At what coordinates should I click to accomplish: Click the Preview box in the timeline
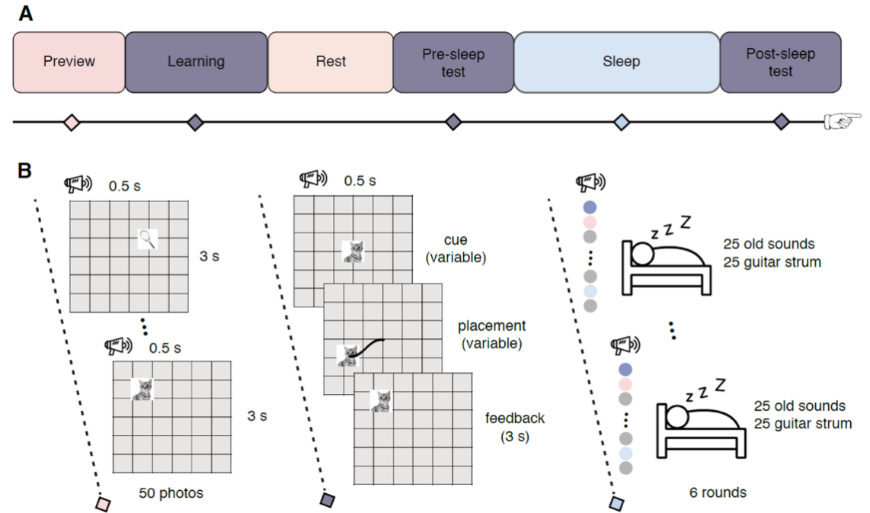69,62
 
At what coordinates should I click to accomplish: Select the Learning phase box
196,62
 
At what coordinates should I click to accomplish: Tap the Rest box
330,62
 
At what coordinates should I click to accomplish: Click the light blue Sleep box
617,62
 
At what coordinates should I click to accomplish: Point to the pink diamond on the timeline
71,122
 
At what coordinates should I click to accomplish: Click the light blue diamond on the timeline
622,122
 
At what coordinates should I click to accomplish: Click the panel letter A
26,14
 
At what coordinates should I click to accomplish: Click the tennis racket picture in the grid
148,240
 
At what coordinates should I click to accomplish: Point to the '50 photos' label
171,493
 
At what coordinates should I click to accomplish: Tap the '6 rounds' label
715,492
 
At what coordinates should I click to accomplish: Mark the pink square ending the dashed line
103,504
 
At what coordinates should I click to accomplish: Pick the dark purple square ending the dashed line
327,500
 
